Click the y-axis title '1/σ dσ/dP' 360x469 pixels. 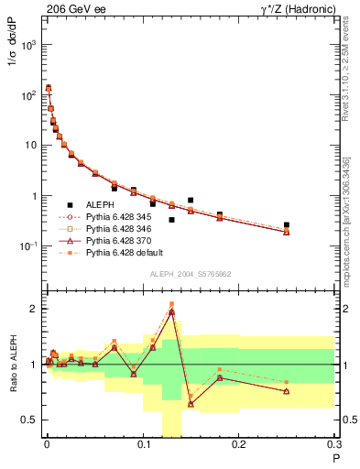point(14,69)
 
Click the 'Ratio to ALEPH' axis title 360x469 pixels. point(14,364)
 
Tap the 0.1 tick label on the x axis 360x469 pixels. point(143,448)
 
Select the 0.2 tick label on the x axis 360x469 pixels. point(239,448)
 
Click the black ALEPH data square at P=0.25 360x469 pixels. point(287,224)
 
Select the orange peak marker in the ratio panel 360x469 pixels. point(171,304)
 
